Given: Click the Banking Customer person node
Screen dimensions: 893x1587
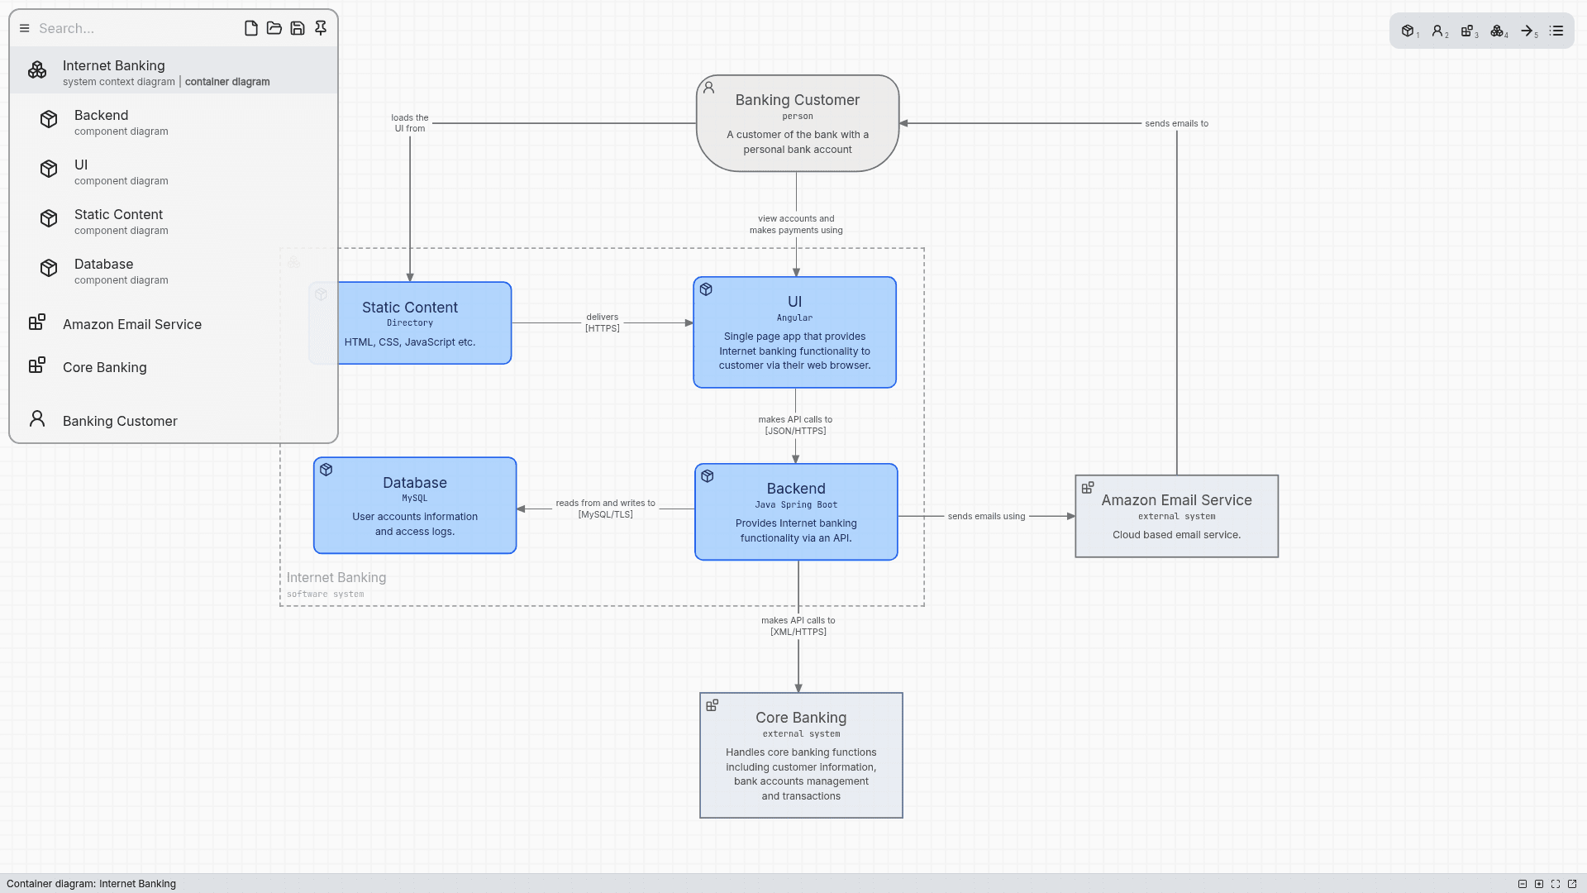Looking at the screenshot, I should tap(797, 123).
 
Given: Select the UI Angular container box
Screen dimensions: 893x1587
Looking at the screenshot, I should tap(794, 332).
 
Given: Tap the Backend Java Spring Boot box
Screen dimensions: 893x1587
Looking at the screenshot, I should tap(796, 512).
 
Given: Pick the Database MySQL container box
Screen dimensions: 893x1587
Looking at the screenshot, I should tap(415, 505).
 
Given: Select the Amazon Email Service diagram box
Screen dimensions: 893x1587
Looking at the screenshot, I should tap(1176, 516).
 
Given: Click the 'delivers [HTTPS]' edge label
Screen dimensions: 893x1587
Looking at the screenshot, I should tap(603, 322).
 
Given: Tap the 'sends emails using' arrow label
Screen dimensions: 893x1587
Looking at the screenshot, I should tap(986, 516).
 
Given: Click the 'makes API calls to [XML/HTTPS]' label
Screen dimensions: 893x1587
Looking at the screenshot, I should tap(798, 626).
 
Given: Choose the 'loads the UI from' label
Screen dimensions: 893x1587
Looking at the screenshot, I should tap(410, 123).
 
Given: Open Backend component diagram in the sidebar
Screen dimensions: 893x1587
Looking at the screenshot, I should tap(121, 122).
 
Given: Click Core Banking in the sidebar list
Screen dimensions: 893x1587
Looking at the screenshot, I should tap(104, 367).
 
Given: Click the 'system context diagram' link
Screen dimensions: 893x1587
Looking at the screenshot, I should tap(118, 82).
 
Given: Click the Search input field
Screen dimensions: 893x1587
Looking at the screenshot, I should tap(132, 28).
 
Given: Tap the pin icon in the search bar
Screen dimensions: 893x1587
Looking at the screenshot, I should tap(321, 28).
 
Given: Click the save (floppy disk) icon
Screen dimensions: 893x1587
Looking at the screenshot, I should tap(298, 28).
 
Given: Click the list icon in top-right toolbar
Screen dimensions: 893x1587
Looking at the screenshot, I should tap(1556, 31).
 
